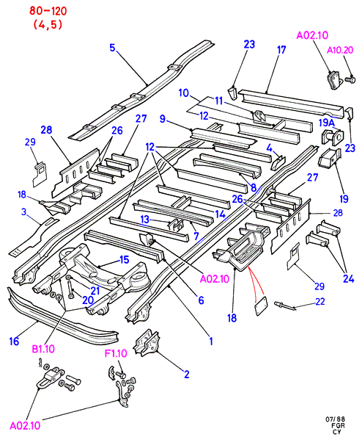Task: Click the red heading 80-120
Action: coord(48,11)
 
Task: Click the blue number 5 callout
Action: coord(112,48)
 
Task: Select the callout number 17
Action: coord(281,50)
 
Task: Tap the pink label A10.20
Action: coord(340,50)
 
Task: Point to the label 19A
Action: coord(327,123)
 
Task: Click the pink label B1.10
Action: coord(43,349)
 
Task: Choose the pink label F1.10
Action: coord(116,353)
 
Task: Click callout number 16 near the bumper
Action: coord(14,341)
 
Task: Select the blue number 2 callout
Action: coord(187,375)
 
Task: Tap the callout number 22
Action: coord(320,302)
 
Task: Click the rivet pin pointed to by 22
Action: coord(285,306)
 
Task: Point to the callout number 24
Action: coord(348,278)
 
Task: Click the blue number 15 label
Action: coord(125,260)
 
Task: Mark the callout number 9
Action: coord(163,119)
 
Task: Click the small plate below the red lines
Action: coord(262,306)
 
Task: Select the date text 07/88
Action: coord(336,419)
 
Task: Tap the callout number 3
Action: coord(24,212)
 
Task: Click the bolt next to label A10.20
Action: coord(350,80)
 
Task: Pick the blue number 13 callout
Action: coord(144,220)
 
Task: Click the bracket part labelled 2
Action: coord(147,343)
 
